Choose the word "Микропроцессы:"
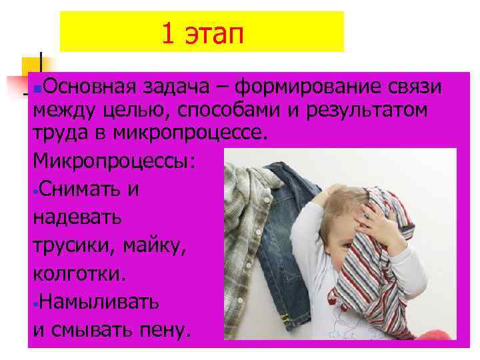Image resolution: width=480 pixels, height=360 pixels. pos(115,161)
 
